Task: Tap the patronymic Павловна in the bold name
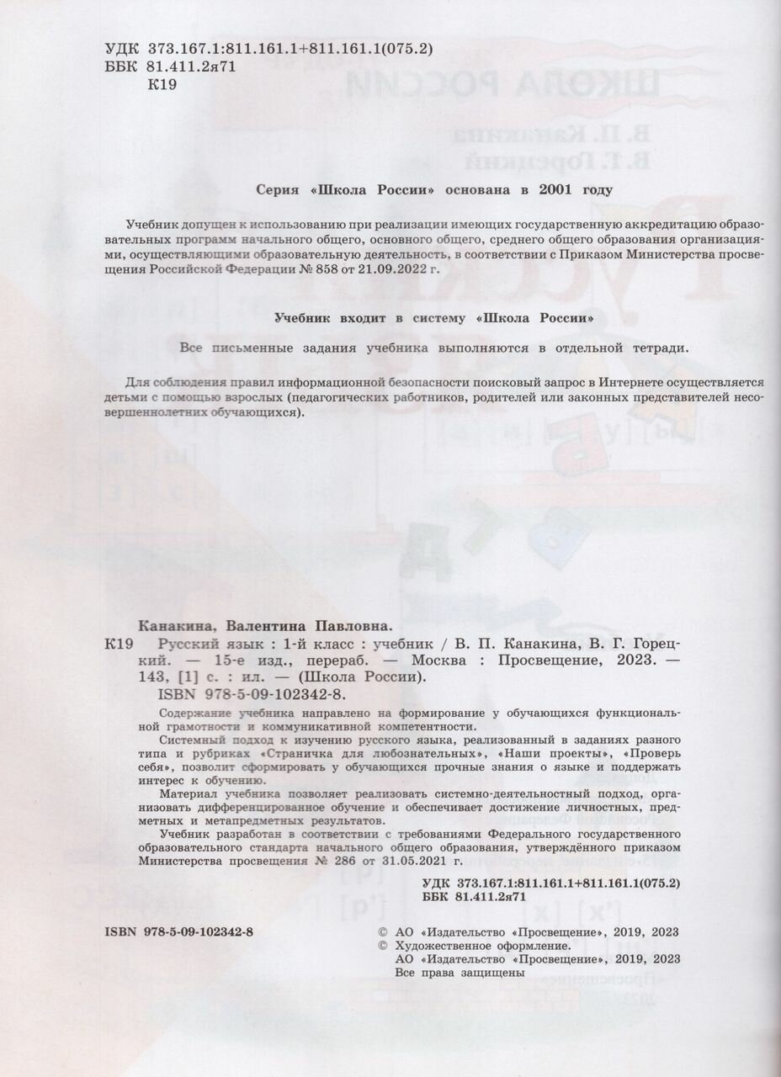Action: coord(348,627)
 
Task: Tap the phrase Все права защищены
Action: coord(460,972)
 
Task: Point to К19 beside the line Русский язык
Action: coord(119,645)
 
